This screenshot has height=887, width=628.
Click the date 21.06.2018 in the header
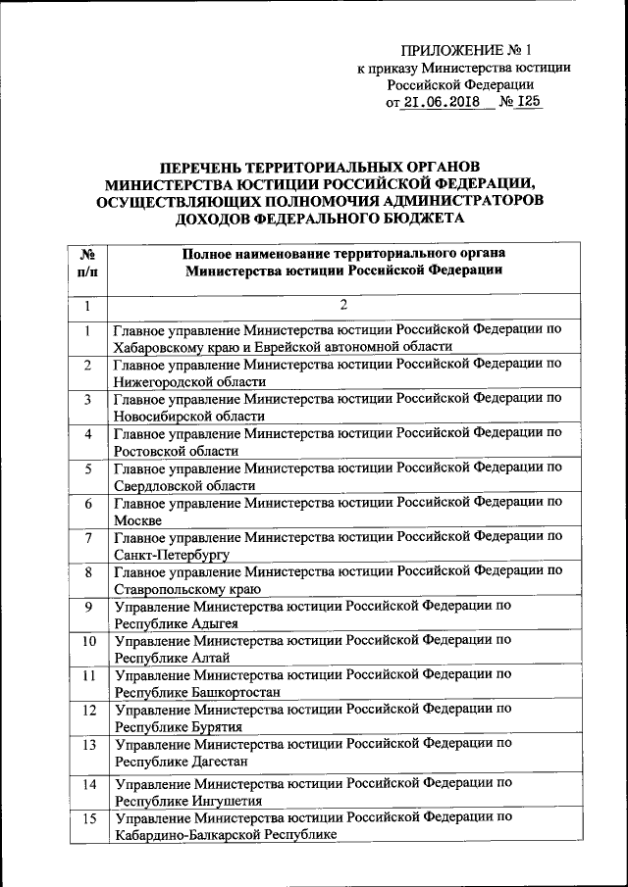447,101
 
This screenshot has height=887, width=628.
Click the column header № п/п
86,261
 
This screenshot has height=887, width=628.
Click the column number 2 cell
343,305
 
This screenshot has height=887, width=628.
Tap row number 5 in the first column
87,469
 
